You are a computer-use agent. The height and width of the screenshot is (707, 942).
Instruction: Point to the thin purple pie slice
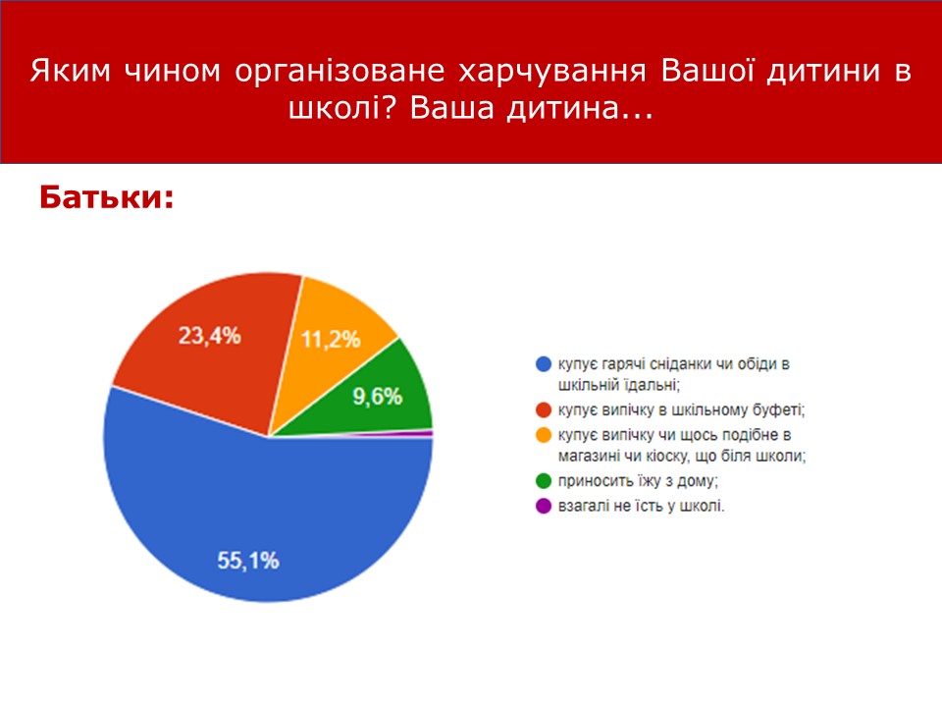(414, 433)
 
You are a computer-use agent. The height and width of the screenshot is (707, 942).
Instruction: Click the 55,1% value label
(248, 561)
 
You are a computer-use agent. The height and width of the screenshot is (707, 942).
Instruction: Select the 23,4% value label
(210, 336)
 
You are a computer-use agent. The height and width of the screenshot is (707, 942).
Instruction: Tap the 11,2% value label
(331, 340)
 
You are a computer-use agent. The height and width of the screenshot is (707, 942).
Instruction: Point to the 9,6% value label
(377, 397)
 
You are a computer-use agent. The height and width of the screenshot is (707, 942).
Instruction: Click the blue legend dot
(543, 363)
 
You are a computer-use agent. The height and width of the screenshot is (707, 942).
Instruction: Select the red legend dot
(543, 410)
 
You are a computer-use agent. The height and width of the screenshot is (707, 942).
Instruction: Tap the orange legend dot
(543, 435)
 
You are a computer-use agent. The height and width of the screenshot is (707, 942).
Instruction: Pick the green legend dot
(543, 481)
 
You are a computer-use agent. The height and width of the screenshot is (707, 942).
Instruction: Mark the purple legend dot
(543, 506)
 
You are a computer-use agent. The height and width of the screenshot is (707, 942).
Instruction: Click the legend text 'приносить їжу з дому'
(638, 481)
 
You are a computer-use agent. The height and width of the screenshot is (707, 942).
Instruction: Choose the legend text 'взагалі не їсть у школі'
(641, 506)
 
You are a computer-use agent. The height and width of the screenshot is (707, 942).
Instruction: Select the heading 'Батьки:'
(107, 197)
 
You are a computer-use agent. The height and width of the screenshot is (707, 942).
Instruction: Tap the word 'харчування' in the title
(552, 71)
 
